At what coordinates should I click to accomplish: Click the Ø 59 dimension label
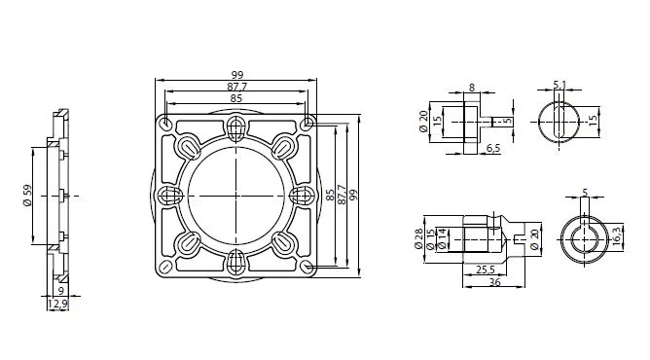[28, 196]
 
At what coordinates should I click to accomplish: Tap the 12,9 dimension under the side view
[57, 305]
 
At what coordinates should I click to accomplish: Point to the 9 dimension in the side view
[61, 291]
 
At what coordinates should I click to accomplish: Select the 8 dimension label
[472, 88]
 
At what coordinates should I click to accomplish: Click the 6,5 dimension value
[493, 148]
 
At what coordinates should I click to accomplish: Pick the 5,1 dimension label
[560, 85]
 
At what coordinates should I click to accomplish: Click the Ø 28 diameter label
[419, 238]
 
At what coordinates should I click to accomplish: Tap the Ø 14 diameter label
[442, 239]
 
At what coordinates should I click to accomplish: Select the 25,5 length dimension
[485, 270]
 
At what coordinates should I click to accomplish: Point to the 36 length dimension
[495, 282]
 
